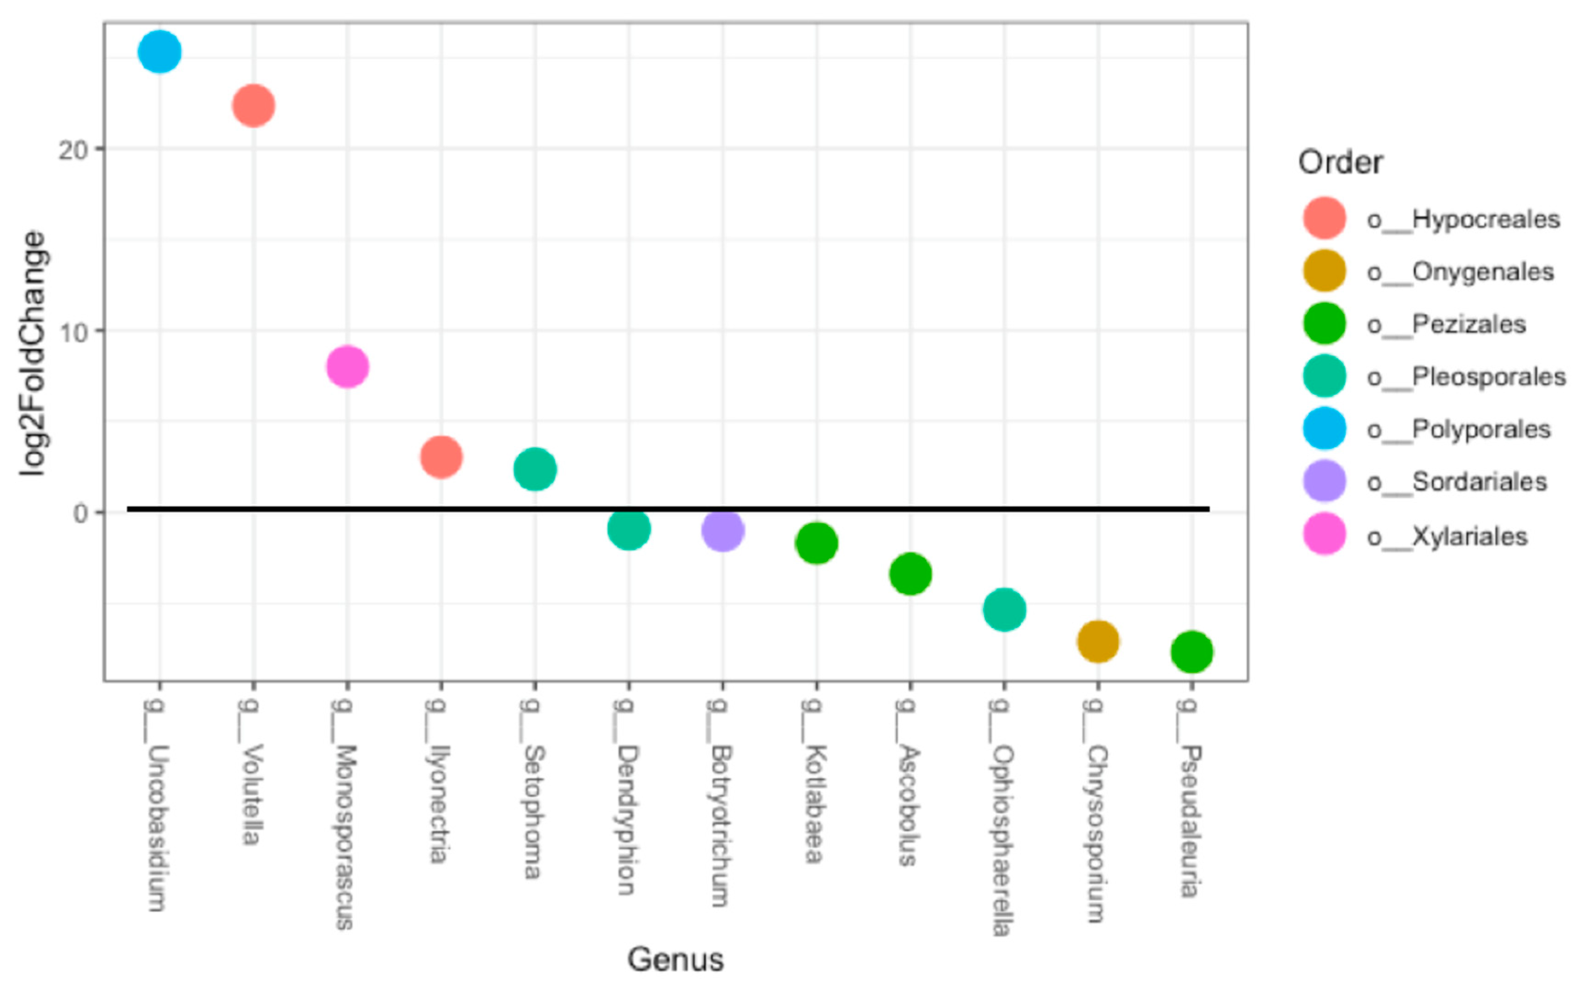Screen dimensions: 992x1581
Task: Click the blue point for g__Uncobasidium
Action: [x=159, y=52]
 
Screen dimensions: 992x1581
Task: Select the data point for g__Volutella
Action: [x=253, y=106]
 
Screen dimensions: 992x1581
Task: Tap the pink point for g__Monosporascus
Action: [x=348, y=367]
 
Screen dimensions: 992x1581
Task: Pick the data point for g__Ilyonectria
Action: [x=441, y=457]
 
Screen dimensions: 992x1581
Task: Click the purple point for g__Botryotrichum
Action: [x=723, y=530]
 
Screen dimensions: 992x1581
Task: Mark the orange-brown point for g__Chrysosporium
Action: [x=1098, y=641]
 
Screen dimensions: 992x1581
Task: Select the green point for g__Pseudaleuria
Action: [x=1191, y=651]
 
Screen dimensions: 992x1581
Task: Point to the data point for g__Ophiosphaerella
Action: [x=1004, y=610]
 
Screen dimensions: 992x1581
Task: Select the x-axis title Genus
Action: [x=675, y=959]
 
